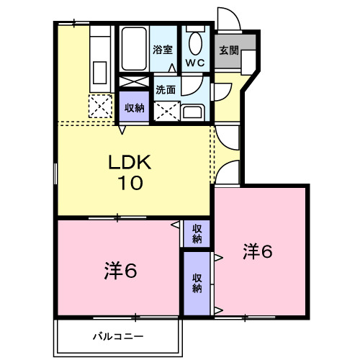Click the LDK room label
[x=130, y=162]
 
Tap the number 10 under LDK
[x=130, y=183]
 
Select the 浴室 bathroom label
[x=163, y=50]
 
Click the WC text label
[x=195, y=63]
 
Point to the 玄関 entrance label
[x=229, y=50]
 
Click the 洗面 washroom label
[x=166, y=89]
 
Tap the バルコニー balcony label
[x=118, y=336]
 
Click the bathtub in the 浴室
[x=134, y=49]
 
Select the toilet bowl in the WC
[x=195, y=43]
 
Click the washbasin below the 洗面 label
[x=193, y=112]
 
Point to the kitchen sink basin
[x=100, y=73]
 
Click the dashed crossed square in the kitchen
[x=100, y=106]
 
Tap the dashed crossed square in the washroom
[x=167, y=111]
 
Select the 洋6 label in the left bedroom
[x=120, y=271]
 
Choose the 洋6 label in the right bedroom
[x=258, y=251]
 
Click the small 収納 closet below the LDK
[x=197, y=234]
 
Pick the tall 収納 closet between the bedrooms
[x=197, y=283]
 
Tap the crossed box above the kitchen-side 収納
[x=134, y=81]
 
